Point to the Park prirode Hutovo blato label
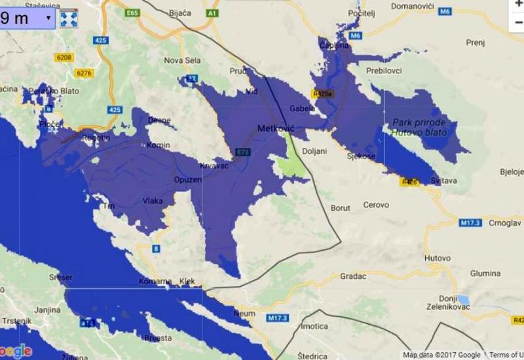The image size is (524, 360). [x=420, y=127]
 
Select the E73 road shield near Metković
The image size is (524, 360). [x=243, y=152]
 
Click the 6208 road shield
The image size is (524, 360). [x=64, y=58]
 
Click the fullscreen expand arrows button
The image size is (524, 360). [x=69, y=18]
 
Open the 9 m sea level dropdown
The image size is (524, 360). [x=27, y=18]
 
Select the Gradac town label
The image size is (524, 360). [x=353, y=276]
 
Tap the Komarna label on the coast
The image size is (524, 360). [x=155, y=281]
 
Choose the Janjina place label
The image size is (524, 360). [x=29, y=310]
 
